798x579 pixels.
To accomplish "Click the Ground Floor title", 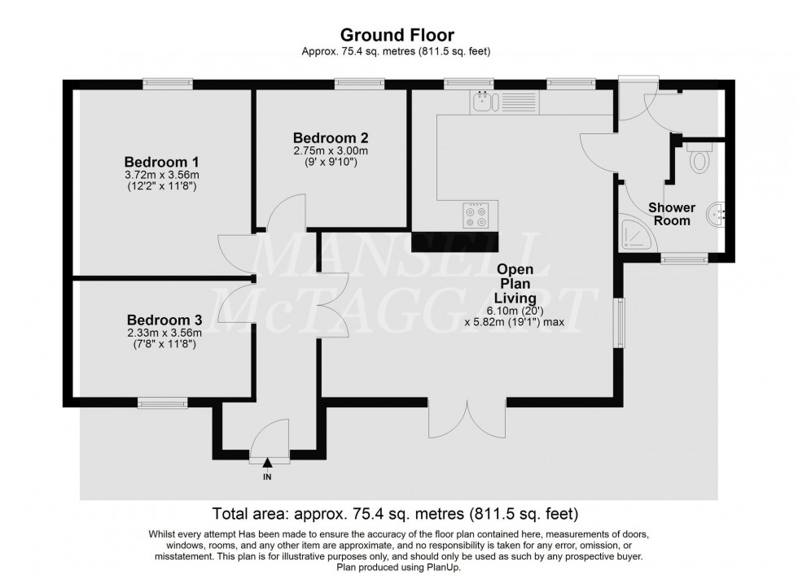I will [x=397, y=34].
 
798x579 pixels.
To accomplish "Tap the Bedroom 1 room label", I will [x=161, y=161].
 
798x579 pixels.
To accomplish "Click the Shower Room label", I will [x=670, y=214].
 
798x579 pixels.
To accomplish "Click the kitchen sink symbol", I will [x=484, y=102].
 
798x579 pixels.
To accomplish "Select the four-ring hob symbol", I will [x=476, y=214].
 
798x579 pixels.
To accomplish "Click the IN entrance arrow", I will [x=267, y=464].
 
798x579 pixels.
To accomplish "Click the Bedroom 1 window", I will [x=167, y=83].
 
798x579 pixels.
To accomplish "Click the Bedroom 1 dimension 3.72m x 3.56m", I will [x=161, y=175].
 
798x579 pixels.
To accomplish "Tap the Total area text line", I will [x=395, y=513].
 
